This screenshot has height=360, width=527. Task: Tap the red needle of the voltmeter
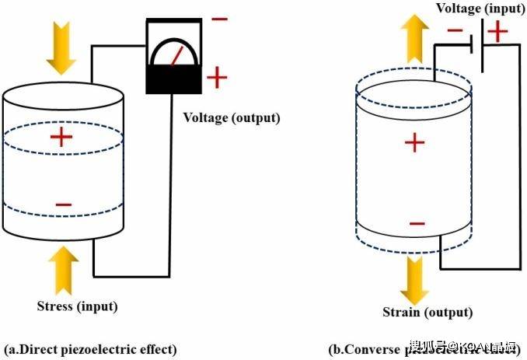[178, 57]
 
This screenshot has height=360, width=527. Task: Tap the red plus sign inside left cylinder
[61, 138]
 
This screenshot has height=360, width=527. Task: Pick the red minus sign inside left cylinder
[64, 204]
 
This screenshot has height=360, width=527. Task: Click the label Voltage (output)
[232, 118]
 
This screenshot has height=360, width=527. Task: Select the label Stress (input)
[77, 306]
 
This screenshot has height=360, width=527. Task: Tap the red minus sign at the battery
[456, 32]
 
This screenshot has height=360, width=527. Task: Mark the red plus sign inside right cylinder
[415, 143]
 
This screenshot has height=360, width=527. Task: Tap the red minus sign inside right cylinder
[417, 224]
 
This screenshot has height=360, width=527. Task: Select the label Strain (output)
[427, 313]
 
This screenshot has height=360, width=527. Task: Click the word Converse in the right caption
[368, 348]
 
